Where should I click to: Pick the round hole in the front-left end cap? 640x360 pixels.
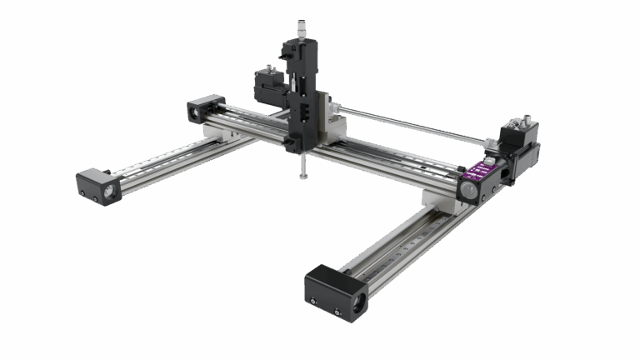[x=109, y=190]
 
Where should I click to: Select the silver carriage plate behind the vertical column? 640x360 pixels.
[x=332, y=121]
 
